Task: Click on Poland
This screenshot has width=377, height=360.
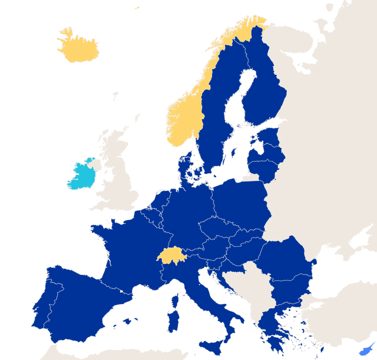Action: [x=239, y=203]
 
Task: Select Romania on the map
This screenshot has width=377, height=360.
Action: [x=284, y=261]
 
